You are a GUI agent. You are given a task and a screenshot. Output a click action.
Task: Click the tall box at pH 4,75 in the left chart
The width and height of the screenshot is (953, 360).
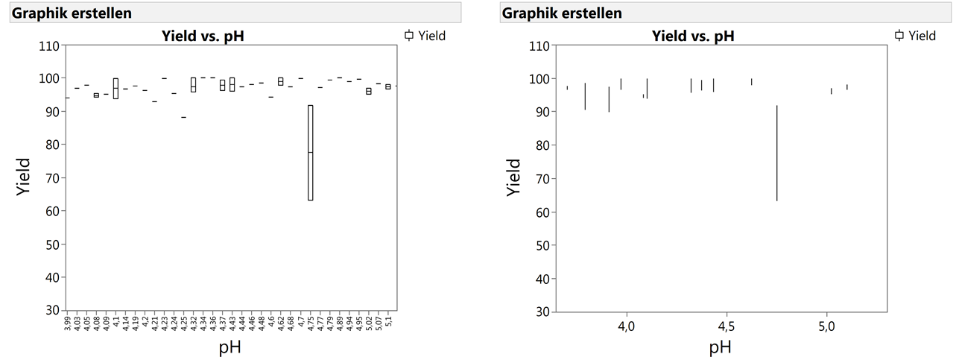click(310, 153)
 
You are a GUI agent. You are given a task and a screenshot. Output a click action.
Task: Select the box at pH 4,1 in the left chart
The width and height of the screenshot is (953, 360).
click(115, 88)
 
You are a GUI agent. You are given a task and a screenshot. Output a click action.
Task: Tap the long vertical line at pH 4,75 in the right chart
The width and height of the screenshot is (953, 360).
click(776, 153)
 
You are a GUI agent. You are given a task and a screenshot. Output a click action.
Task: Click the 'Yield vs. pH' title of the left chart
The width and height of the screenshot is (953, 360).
click(203, 35)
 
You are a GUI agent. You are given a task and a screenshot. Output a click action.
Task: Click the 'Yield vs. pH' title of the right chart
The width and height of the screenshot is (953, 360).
click(693, 35)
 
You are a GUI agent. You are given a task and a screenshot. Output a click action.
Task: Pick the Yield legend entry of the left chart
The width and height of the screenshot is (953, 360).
click(425, 35)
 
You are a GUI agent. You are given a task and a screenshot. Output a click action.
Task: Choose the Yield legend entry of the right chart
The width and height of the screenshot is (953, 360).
click(915, 35)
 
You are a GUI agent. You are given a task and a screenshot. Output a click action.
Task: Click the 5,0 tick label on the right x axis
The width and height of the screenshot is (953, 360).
click(826, 326)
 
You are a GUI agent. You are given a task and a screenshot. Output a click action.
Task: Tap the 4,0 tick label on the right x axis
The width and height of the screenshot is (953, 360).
click(627, 326)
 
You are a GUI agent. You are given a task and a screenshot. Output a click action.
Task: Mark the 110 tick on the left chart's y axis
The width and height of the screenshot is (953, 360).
click(48, 45)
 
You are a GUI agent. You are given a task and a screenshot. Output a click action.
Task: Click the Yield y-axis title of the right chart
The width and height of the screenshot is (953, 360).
click(514, 177)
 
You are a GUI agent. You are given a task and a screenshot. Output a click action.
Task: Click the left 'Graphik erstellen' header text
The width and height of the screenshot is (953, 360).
click(62, 13)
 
